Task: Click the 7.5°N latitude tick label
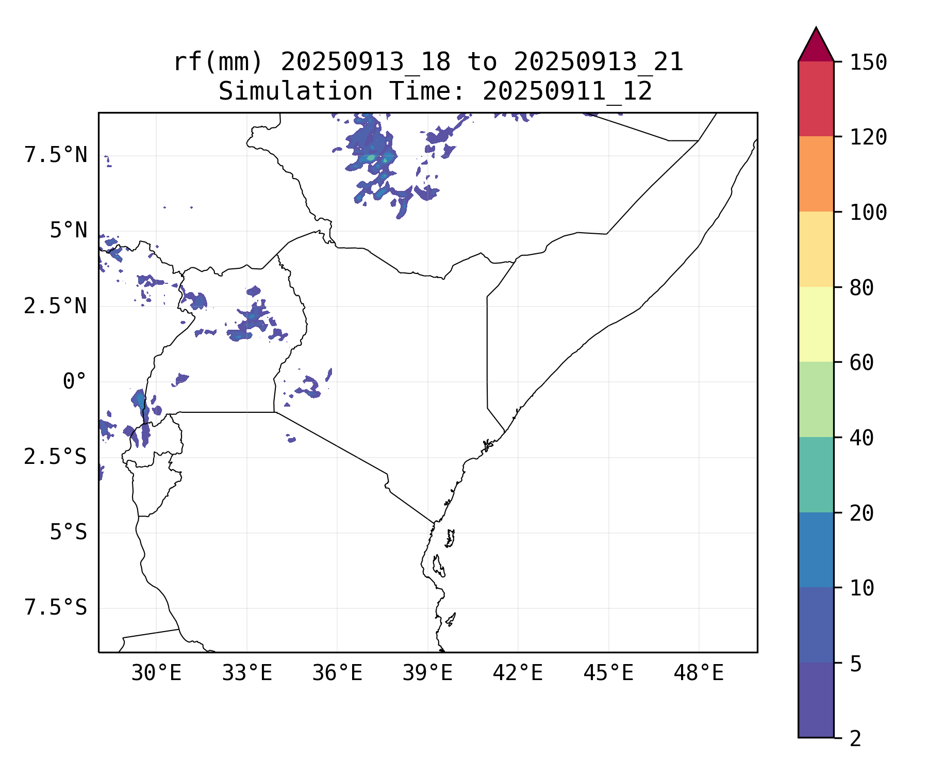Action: (56, 155)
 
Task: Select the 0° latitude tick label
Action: (74, 382)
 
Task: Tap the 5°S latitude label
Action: (68, 532)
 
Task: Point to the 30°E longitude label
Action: (156, 673)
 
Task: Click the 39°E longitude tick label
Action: (427, 673)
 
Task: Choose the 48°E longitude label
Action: (699, 673)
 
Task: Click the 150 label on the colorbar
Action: (868, 63)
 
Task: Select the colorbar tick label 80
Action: (861, 288)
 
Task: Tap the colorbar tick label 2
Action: (855, 739)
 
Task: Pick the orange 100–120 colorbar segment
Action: (816, 174)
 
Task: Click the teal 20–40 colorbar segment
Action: (816, 475)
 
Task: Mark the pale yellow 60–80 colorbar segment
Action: (816, 324)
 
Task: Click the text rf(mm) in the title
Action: (218, 62)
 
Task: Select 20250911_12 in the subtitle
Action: (567, 92)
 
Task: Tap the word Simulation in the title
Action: (295, 92)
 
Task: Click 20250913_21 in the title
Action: (599, 62)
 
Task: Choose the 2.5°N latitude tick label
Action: (56, 306)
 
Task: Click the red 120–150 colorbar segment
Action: (816, 99)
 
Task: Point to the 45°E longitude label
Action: (608, 673)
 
